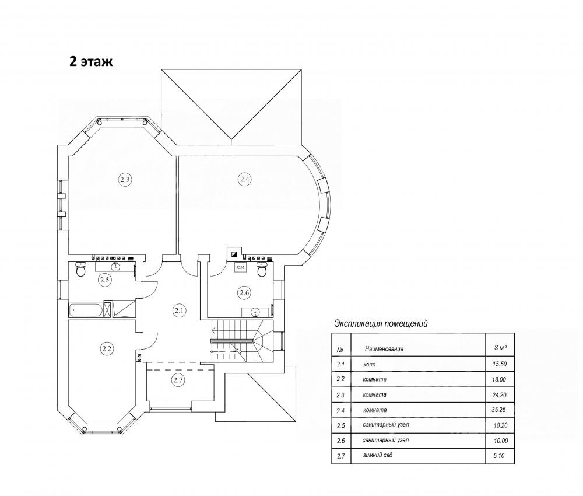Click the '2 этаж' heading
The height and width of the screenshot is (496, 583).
pyautogui.click(x=91, y=61)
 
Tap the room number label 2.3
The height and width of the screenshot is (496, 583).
pyautogui.click(x=125, y=180)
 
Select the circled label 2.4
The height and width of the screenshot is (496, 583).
pyautogui.click(x=244, y=180)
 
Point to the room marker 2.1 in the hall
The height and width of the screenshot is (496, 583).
pyautogui.click(x=180, y=310)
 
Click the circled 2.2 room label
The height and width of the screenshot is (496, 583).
pyautogui.click(x=107, y=349)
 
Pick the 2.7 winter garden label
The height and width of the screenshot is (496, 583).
pyautogui.click(x=178, y=380)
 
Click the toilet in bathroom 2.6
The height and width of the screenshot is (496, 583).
pyautogui.click(x=262, y=269)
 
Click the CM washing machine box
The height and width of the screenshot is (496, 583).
pyautogui.click(x=241, y=267)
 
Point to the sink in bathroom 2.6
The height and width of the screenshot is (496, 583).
pyautogui.click(x=255, y=312)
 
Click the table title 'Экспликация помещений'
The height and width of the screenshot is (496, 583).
pyautogui.click(x=381, y=323)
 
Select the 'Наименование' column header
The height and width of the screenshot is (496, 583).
pyautogui.click(x=384, y=349)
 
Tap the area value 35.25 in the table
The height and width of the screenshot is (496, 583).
pyautogui.click(x=500, y=410)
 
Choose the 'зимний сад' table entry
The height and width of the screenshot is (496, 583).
pyautogui.click(x=378, y=455)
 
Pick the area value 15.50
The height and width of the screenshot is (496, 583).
pyautogui.click(x=500, y=364)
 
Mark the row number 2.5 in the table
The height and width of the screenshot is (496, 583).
pyautogui.click(x=341, y=425)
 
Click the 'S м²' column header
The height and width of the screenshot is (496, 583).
pyautogui.click(x=500, y=348)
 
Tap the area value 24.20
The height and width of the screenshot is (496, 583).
pyautogui.click(x=500, y=395)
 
